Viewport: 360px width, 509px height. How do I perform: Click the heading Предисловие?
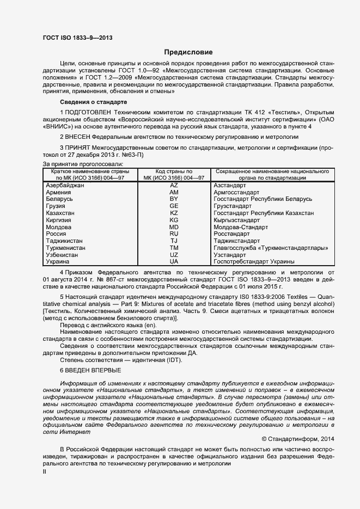point(188,52)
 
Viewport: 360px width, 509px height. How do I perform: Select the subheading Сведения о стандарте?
point(93,102)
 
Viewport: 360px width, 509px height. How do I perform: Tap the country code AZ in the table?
point(174,186)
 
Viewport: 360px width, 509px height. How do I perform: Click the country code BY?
point(174,199)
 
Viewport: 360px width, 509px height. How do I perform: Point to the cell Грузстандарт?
point(233,206)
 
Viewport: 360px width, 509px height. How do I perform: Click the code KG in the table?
point(174,220)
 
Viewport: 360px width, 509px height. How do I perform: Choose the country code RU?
point(174,234)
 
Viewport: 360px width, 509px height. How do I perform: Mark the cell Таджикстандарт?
point(237,241)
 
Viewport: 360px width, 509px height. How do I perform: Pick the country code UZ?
point(174,255)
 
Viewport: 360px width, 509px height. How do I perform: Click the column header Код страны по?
point(174,171)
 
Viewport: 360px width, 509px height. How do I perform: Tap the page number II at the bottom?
point(45,472)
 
